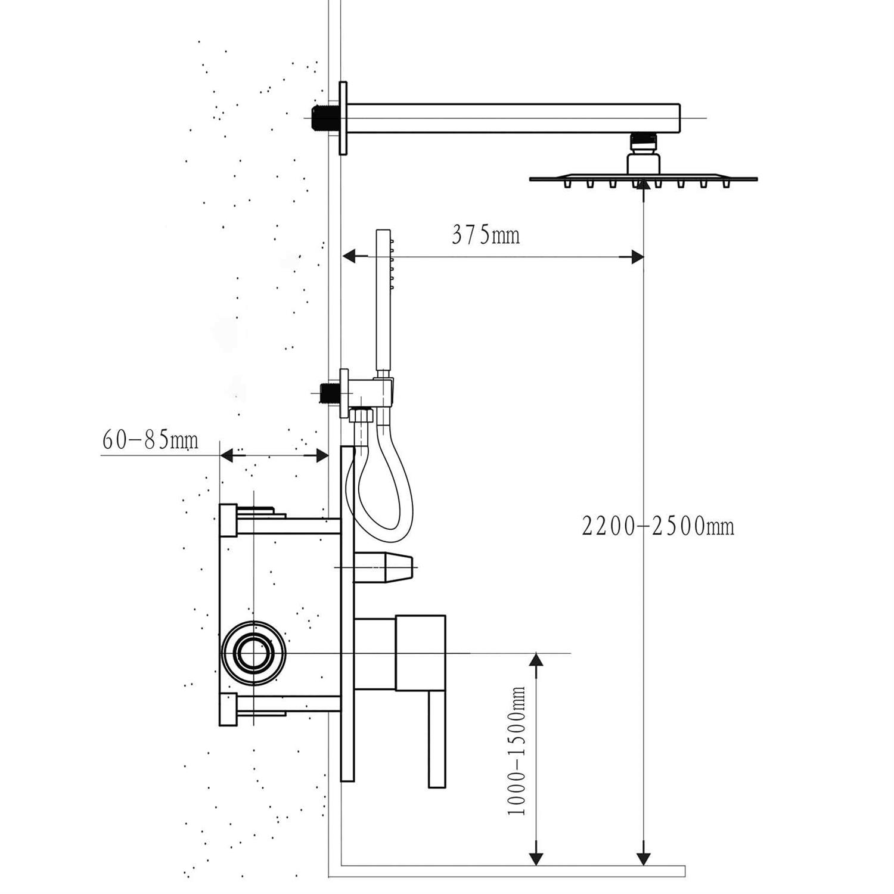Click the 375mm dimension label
click(x=485, y=235)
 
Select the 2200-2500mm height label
click(x=658, y=526)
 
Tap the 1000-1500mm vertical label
click(x=517, y=751)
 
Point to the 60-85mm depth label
click(x=150, y=441)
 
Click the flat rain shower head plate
click(x=643, y=178)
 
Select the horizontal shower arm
click(x=513, y=118)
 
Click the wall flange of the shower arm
click(x=343, y=118)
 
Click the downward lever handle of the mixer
click(x=437, y=739)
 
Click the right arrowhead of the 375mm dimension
click(x=636, y=257)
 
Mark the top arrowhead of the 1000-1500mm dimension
click(x=536, y=660)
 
